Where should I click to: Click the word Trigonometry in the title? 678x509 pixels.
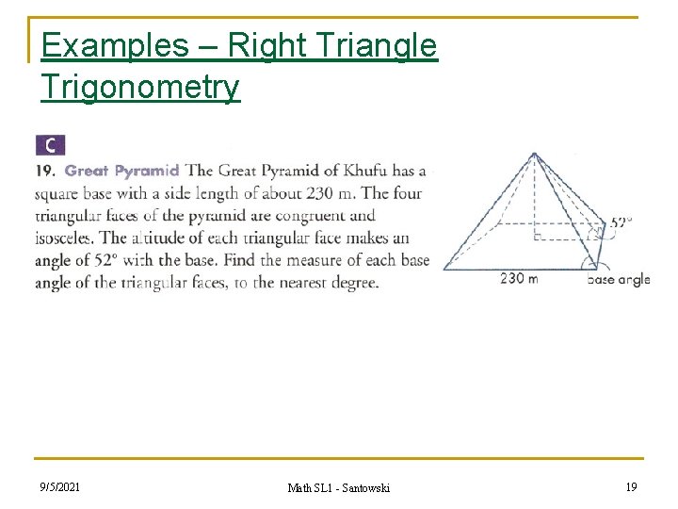[x=140, y=87]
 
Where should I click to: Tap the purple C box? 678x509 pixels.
[x=50, y=145]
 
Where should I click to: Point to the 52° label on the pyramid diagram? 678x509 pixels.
[x=621, y=223]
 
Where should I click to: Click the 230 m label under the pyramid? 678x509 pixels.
[x=519, y=278]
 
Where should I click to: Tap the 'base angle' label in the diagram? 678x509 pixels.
[x=619, y=279]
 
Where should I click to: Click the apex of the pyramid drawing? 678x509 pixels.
[x=534, y=153]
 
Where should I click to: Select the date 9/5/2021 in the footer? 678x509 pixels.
[x=59, y=486]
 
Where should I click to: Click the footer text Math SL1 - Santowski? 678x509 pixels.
[x=338, y=487]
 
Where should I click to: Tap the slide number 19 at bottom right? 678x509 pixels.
[x=630, y=486]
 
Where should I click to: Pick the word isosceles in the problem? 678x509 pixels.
[x=64, y=238]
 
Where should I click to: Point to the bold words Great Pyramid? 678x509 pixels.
[x=122, y=172]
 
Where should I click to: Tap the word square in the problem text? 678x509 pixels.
[x=57, y=194]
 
